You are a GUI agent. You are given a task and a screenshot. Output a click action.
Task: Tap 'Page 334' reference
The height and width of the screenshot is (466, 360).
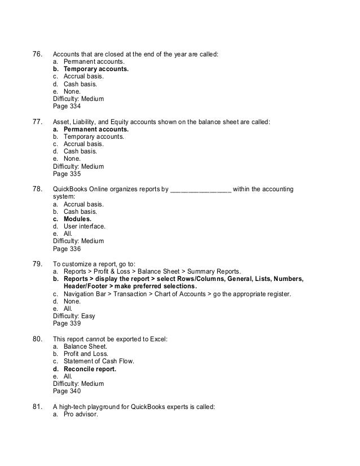point(67,105)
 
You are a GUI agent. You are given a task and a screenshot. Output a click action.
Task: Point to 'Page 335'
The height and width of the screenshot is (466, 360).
point(67,174)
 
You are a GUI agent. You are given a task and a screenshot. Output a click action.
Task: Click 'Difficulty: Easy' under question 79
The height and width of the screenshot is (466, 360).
point(74,316)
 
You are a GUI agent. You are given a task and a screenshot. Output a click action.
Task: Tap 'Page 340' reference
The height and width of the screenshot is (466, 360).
point(67,391)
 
